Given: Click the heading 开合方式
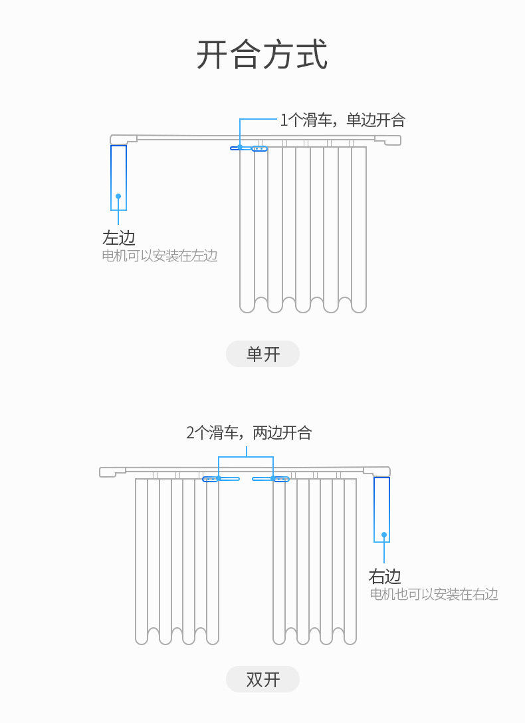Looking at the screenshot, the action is (x=262, y=55).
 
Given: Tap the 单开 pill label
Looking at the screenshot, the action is (x=262, y=354).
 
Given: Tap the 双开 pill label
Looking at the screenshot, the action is (x=262, y=679).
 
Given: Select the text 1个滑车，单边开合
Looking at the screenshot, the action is (x=343, y=120).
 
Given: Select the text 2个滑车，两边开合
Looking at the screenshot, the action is (x=249, y=432).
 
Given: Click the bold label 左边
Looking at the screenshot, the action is (x=119, y=238).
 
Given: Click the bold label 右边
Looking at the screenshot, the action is (x=385, y=577).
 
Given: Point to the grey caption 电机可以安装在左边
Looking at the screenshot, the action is (x=159, y=255).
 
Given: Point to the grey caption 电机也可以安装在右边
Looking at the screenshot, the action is (x=434, y=594).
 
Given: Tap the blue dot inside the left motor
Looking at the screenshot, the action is (x=118, y=196).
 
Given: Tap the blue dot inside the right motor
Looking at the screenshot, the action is (x=384, y=535).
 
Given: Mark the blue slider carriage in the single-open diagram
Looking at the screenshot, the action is (x=249, y=148).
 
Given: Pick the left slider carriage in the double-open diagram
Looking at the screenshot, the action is (x=221, y=479).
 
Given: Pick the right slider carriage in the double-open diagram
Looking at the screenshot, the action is (x=270, y=479).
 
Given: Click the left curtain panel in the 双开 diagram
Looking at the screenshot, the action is (x=177, y=561).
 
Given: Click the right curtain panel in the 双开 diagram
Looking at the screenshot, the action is (x=314, y=561).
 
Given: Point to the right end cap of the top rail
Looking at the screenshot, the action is (x=387, y=140).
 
